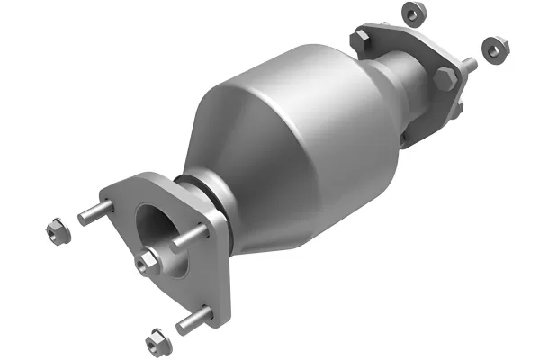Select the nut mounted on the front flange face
147,262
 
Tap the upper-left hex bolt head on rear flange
363,39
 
